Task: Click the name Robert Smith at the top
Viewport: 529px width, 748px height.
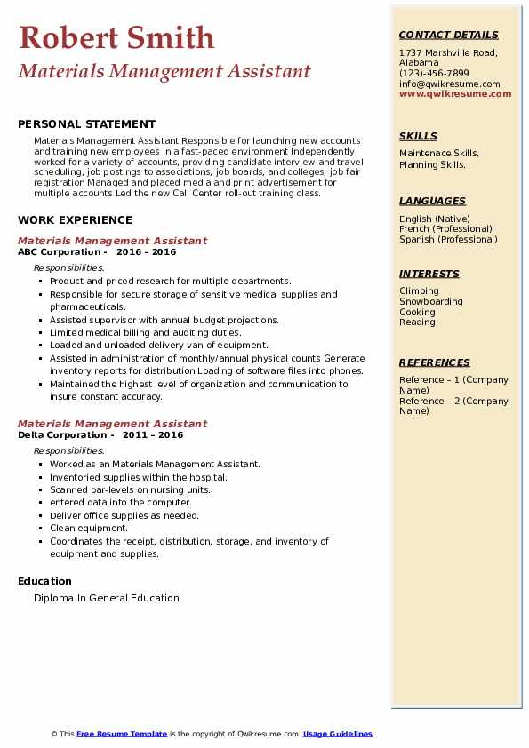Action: point(116,37)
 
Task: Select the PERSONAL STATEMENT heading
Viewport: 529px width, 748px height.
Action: point(86,124)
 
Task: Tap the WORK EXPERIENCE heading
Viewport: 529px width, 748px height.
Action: point(75,220)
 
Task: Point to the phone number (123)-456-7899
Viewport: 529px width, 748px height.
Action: point(434,74)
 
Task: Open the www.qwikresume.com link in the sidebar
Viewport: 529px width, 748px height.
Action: point(455,94)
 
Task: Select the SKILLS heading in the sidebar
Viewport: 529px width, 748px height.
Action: point(418,136)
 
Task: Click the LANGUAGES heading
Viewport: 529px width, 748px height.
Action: point(432,201)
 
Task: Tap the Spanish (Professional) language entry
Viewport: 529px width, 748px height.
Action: point(448,240)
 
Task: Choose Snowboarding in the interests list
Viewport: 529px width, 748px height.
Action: point(430,302)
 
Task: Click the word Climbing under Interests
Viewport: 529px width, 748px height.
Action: point(419,291)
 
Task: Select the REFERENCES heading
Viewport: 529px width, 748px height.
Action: point(435,362)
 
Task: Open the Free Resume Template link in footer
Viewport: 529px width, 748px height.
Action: point(122,734)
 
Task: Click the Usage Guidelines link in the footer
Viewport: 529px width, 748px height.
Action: point(338,734)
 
